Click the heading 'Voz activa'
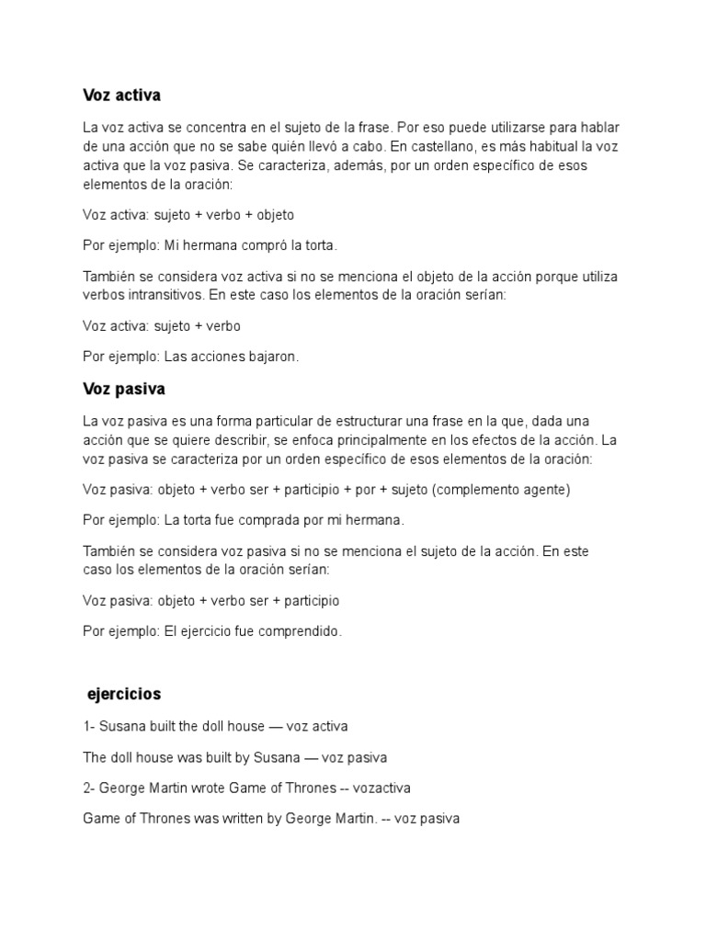pos(122,95)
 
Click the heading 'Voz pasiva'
pos(124,389)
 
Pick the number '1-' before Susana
pos(89,727)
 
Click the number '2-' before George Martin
pos(89,788)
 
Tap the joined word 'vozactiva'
pos(383,788)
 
